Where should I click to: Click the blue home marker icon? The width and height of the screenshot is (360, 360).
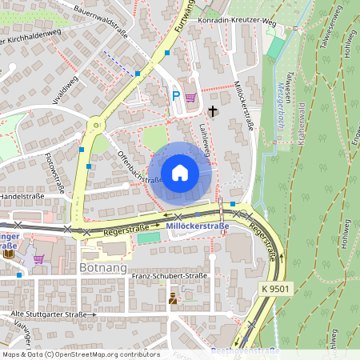pyautogui.click(x=180, y=173)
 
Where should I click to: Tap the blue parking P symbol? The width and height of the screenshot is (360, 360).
pyautogui.click(x=176, y=96)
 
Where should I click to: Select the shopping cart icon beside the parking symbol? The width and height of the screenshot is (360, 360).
pyautogui.click(x=190, y=98)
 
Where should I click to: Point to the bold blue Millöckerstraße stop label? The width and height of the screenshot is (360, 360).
pyautogui.click(x=198, y=226)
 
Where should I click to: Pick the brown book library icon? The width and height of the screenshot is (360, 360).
pyautogui.click(x=8, y=254)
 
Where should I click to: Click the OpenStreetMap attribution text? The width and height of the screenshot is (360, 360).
pyautogui.click(x=80, y=354)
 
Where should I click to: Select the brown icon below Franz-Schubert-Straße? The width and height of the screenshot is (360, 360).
pyautogui.click(x=172, y=298)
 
